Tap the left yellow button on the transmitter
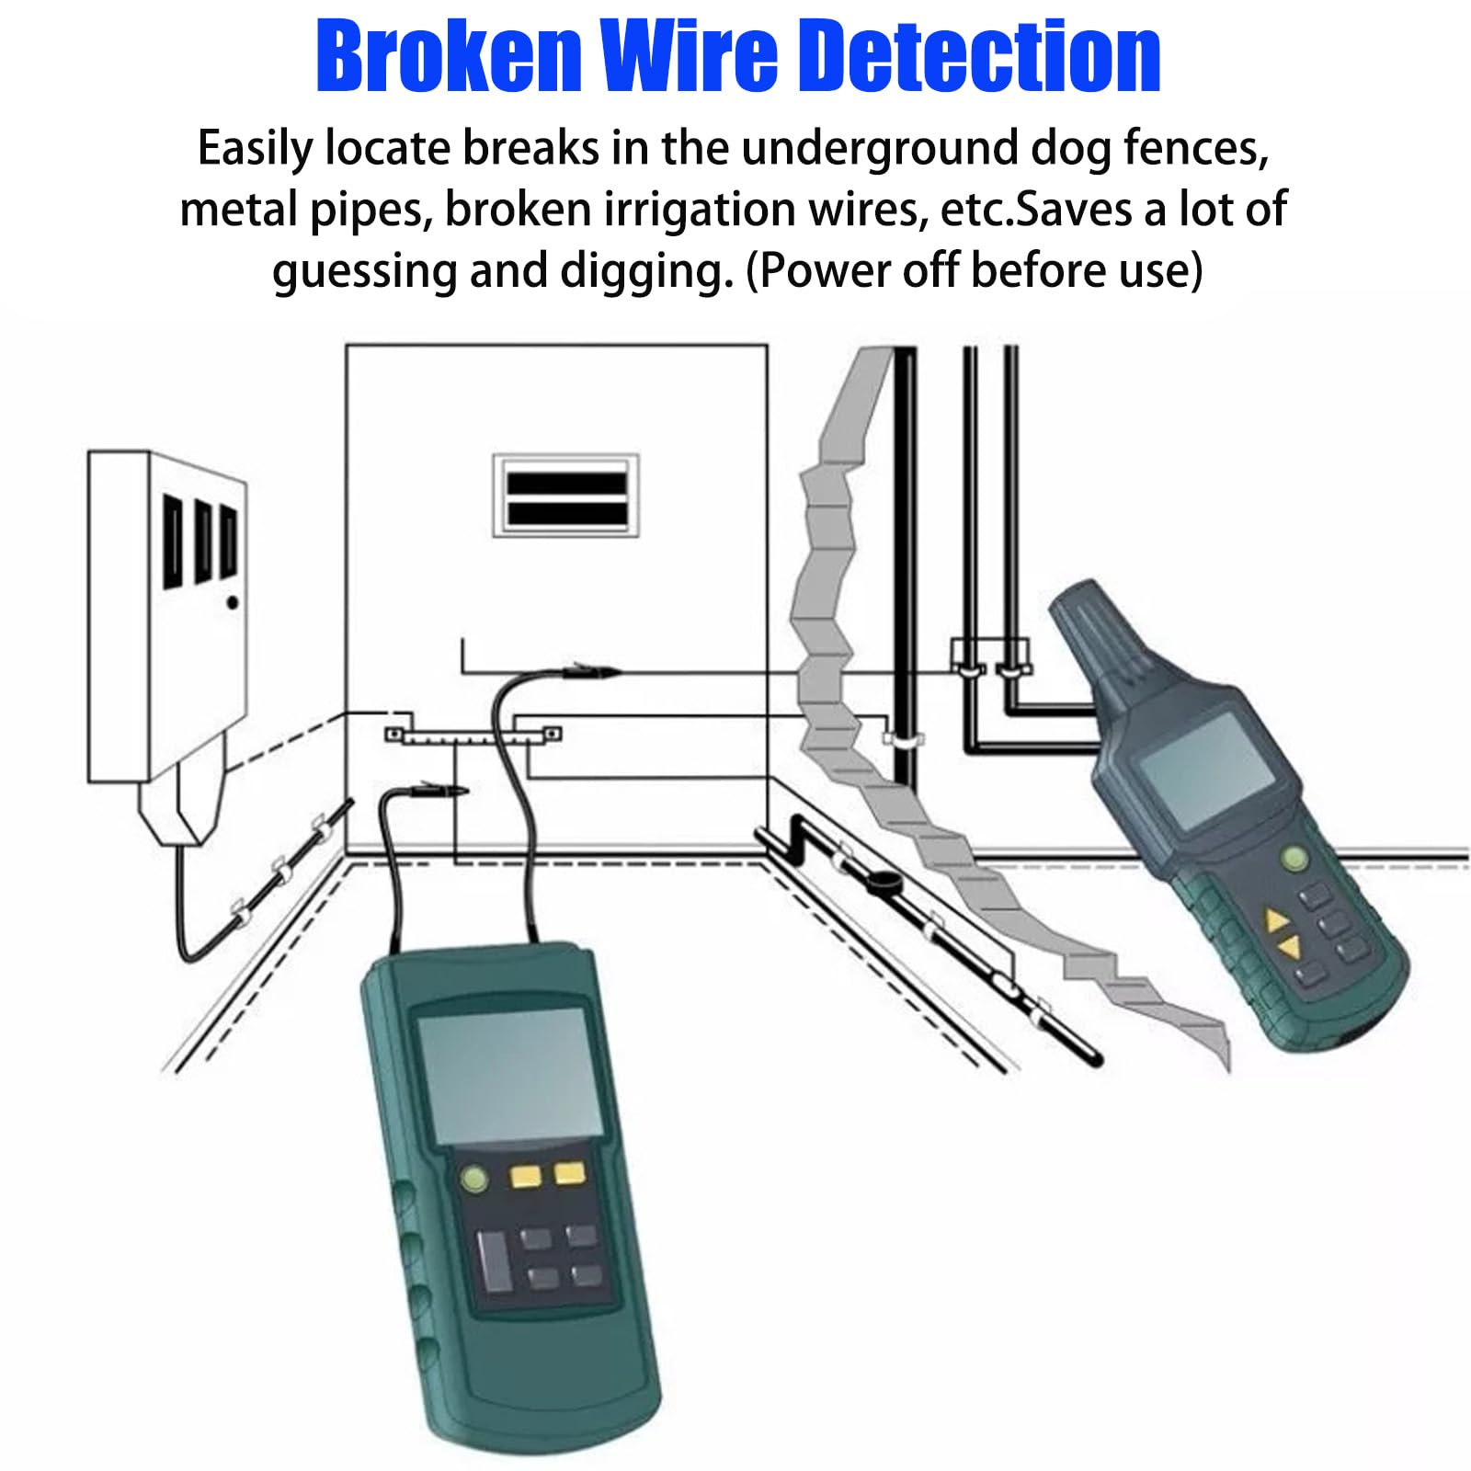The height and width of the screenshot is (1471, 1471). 526,1177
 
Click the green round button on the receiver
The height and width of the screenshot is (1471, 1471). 1294,860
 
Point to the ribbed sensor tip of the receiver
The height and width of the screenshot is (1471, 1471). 1094,634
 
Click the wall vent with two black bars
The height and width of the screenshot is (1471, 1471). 566,496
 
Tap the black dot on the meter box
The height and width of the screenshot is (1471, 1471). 233,603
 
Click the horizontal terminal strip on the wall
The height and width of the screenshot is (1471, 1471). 473,735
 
